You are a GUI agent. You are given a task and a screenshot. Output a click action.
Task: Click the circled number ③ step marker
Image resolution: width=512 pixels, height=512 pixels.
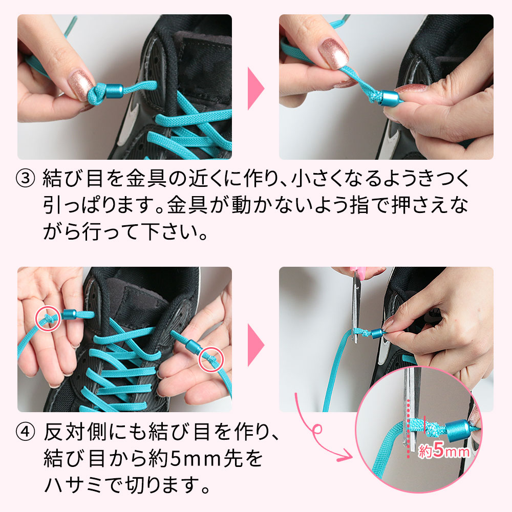tap(25, 179)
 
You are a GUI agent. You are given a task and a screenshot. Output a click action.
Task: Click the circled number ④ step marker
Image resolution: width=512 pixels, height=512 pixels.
tap(25, 432)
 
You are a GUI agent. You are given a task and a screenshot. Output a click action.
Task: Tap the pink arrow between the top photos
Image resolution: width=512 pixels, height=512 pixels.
tap(255, 89)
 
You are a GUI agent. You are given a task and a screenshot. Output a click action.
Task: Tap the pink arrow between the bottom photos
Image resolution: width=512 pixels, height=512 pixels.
tap(255, 345)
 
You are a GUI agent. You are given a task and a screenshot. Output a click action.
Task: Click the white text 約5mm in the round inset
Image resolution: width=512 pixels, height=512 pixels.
tap(444, 451)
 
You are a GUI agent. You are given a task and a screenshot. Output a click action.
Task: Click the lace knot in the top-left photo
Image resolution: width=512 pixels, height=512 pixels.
tap(97, 94)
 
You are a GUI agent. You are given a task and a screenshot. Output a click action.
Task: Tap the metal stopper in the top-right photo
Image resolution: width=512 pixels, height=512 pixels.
tap(390, 98)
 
